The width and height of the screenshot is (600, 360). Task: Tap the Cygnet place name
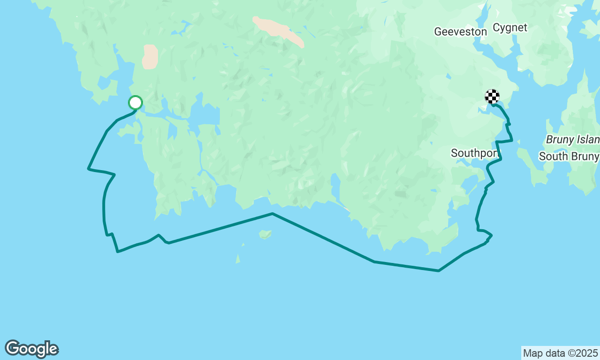(x=510, y=28)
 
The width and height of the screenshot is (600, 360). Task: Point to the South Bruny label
(x=569, y=156)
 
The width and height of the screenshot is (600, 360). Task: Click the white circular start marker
(x=135, y=102)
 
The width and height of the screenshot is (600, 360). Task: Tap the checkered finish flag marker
(x=492, y=97)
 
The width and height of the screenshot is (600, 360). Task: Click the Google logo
(x=31, y=349)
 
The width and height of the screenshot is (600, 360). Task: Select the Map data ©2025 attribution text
(x=560, y=353)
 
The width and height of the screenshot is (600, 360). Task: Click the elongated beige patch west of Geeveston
(x=278, y=31)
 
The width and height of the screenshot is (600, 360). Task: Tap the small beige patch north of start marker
(x=150, y=57)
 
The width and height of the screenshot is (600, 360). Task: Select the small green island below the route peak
(x=265, y=234)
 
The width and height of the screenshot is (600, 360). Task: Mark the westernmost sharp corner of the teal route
(x=88, y=168)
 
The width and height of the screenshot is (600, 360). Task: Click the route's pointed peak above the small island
(x=272, y=214)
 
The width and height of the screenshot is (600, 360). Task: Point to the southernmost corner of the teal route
(x=438, y=270)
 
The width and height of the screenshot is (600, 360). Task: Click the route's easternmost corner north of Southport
(x=512, y=140)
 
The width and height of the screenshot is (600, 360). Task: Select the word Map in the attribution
(x=532, y=353)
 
